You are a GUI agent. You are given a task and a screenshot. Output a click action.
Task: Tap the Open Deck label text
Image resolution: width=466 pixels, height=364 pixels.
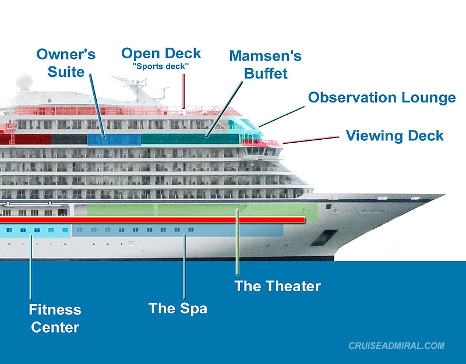click(x=161, y=54)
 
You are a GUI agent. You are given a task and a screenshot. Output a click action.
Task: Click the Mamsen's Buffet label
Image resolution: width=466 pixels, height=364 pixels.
click(x=265, y=65)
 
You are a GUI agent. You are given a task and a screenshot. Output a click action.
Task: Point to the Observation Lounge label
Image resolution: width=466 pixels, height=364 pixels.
click(x=382, y=97)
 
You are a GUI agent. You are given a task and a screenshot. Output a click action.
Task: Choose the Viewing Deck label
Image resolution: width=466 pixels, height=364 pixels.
click(x=394, y=136)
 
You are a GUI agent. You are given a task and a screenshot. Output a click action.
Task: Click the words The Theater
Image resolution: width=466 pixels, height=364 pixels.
click(x=277, y=286)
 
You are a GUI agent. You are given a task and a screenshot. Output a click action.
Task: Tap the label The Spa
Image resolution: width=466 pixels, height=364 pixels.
click(x=178, y=308)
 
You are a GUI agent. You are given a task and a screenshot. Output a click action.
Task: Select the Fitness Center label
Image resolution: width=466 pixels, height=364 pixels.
click(x=55, y=319)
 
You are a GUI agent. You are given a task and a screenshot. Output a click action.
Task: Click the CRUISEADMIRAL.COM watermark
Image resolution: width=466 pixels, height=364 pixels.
click(x=396, y=346)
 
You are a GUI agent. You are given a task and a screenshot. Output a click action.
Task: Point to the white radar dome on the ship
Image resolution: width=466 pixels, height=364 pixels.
click(x=24, y=82)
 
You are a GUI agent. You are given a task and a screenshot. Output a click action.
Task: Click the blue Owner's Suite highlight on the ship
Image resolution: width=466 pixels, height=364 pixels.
click(x=114, y=139)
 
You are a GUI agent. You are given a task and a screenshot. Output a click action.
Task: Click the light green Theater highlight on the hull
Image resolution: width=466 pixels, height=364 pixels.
click(x=198, y=209)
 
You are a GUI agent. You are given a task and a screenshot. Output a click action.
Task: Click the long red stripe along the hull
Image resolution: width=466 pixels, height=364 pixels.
click(x=151, y=220)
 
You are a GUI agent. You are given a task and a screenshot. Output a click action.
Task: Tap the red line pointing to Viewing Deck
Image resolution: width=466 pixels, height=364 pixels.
click(x=312, y=139)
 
